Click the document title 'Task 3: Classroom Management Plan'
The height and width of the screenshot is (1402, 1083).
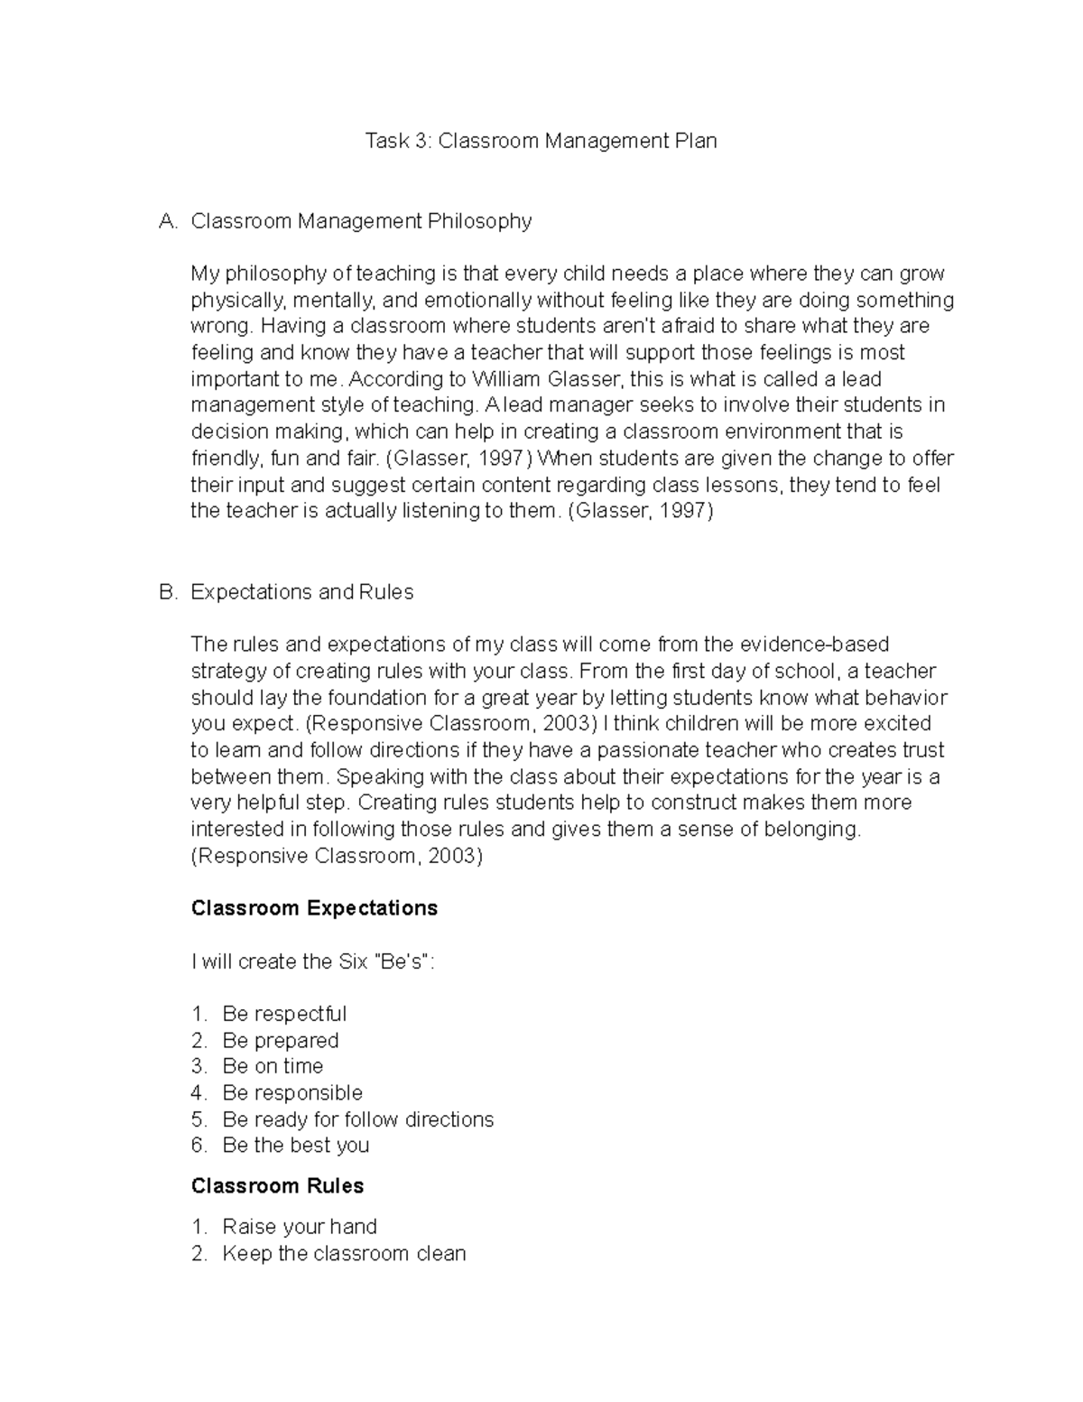541,141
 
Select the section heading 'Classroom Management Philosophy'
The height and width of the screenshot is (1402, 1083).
361,221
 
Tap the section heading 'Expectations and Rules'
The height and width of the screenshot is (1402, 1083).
301,592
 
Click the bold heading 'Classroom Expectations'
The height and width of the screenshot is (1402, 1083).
314,908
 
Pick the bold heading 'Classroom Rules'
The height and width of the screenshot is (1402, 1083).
277,1186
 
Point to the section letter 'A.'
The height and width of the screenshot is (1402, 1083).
168,221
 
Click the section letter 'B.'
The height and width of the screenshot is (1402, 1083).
168,592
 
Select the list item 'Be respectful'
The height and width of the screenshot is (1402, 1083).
284,1014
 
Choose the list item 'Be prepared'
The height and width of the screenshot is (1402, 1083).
281,1040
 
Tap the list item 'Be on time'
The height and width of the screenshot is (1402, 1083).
273,1066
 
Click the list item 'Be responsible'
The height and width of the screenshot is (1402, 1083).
292,1093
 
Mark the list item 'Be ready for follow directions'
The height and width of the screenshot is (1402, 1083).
357,1119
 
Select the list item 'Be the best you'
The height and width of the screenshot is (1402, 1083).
296,1146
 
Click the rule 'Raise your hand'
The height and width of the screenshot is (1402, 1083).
300,1227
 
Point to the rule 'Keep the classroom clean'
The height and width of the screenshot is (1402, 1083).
344,1253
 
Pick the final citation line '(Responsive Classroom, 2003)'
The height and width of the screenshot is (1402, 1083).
337,856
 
